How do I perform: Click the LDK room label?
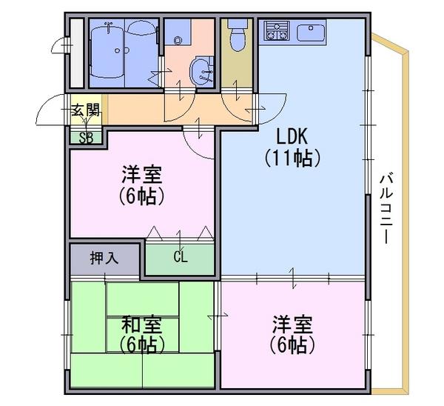292,136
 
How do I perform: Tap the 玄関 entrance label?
86,110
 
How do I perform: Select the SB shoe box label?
86,138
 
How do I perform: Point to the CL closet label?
181,257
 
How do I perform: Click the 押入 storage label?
104,258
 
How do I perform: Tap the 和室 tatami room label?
141,325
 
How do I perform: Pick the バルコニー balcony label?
386,208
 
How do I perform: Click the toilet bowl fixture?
238,40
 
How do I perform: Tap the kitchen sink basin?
311,32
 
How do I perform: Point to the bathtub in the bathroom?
107,50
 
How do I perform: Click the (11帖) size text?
293,158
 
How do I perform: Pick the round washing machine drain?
178,41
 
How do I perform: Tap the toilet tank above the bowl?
238,23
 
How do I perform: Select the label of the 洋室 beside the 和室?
292,325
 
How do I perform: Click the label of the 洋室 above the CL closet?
141,175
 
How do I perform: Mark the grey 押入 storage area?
105,259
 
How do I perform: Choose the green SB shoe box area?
86,139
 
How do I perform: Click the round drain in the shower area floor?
118,50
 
